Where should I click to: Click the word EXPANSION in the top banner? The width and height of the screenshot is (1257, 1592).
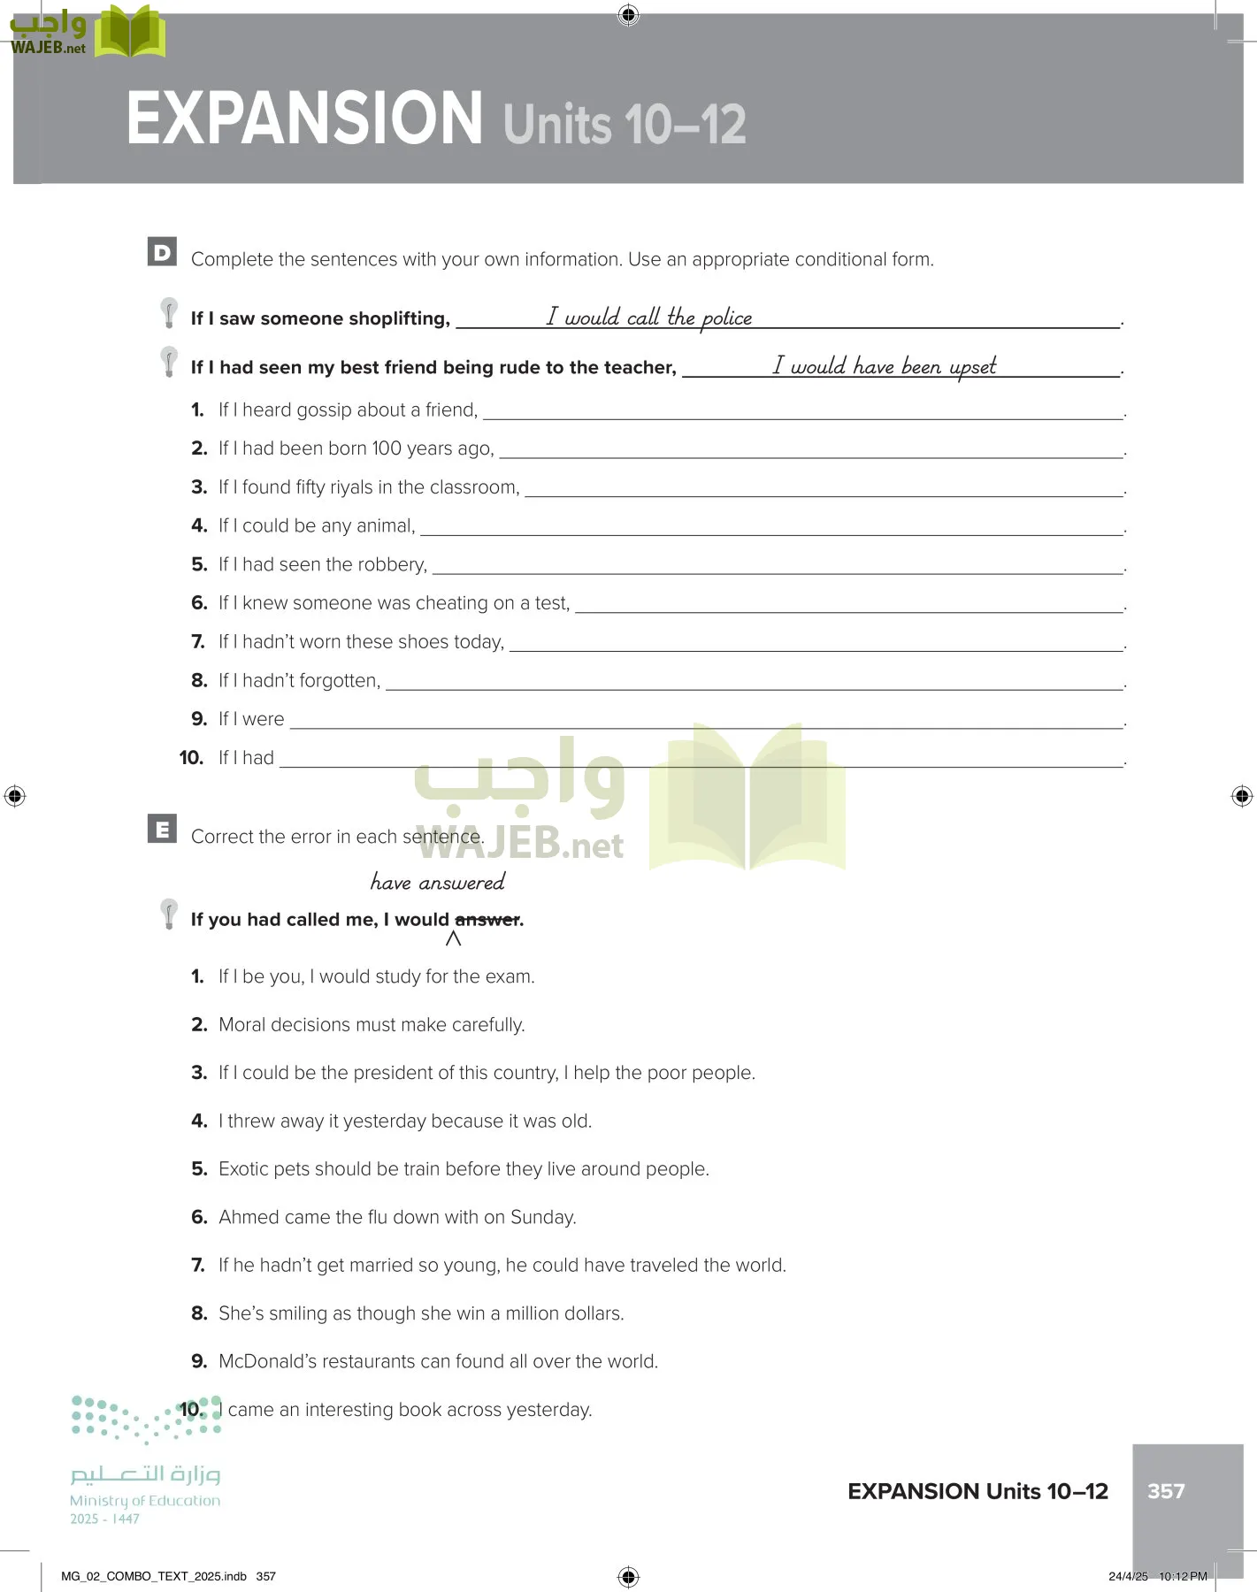(x=304, y=119)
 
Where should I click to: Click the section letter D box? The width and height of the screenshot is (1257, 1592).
(x=162, y=252)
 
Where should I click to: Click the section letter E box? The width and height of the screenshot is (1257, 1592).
(x=162, y=829)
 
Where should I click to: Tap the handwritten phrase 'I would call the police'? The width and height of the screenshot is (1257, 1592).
(x=648, y=317)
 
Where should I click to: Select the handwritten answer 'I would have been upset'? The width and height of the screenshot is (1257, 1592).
(x=884, y=365)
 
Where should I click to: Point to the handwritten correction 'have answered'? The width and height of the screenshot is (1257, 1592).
(x=437, y=882)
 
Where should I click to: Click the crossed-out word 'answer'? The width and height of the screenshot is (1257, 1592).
(x=487, y=920)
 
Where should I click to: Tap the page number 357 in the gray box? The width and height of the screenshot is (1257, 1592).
(x=1165, y=1491)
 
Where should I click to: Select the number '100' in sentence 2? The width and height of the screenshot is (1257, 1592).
(x=387, y=448)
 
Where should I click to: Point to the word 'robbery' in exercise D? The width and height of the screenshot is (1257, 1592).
(x=392, y=564)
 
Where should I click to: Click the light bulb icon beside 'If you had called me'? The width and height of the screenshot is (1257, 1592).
(x=168, y=914)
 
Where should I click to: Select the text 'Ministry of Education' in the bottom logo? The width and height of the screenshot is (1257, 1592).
(x=145, y=1501)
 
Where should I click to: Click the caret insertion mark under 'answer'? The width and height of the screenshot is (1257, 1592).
(x=453, y=939)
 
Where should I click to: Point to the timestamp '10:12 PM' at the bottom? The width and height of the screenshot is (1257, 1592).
(x=1183, y=1576)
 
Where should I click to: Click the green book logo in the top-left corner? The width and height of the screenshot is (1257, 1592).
(x=130, y=32)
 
